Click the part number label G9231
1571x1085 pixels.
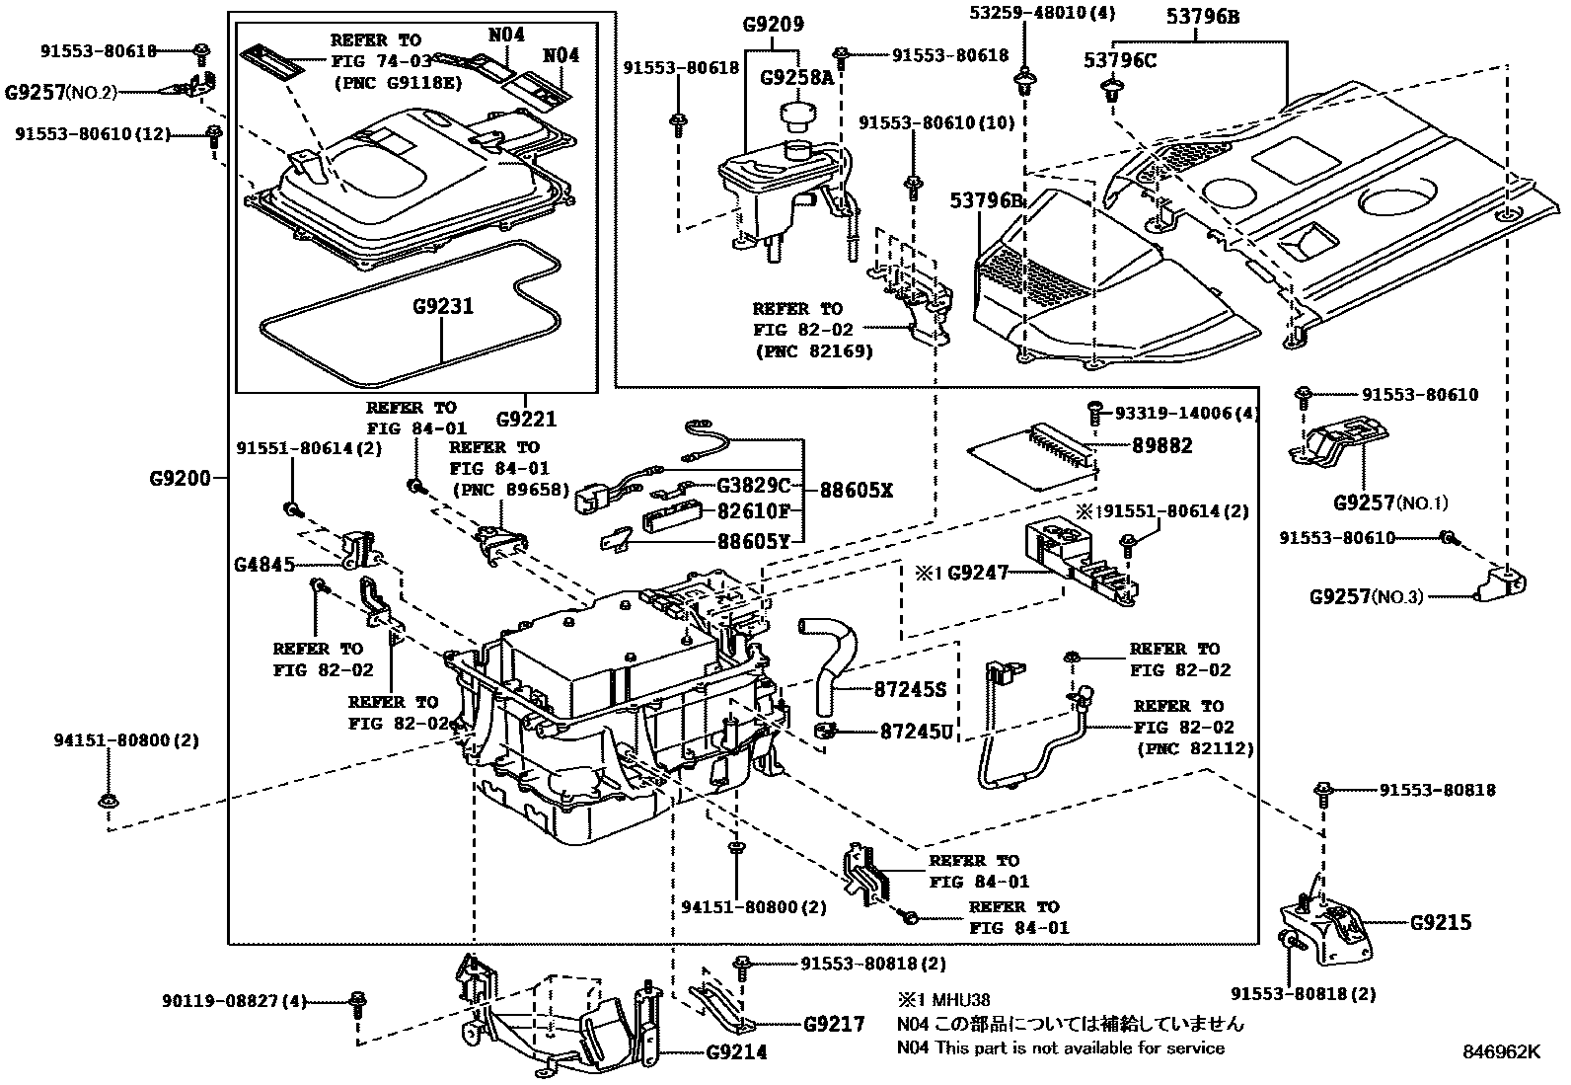pos(443,307)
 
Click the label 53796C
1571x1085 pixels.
pos(1119,60)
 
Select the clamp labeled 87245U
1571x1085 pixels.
pos(825,732)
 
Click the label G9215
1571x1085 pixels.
pos(1440,923)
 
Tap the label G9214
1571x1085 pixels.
pos(736,1052)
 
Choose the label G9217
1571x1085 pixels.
pos(834,1024)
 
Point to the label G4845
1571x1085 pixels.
pos(263,565)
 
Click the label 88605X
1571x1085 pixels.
pos(855,490)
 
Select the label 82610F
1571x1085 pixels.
pos(754,511)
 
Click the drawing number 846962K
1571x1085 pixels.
pos(1500,1051)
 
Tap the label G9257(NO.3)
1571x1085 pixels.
pos(1366,596)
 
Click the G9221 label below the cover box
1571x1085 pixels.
pos(527,419)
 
